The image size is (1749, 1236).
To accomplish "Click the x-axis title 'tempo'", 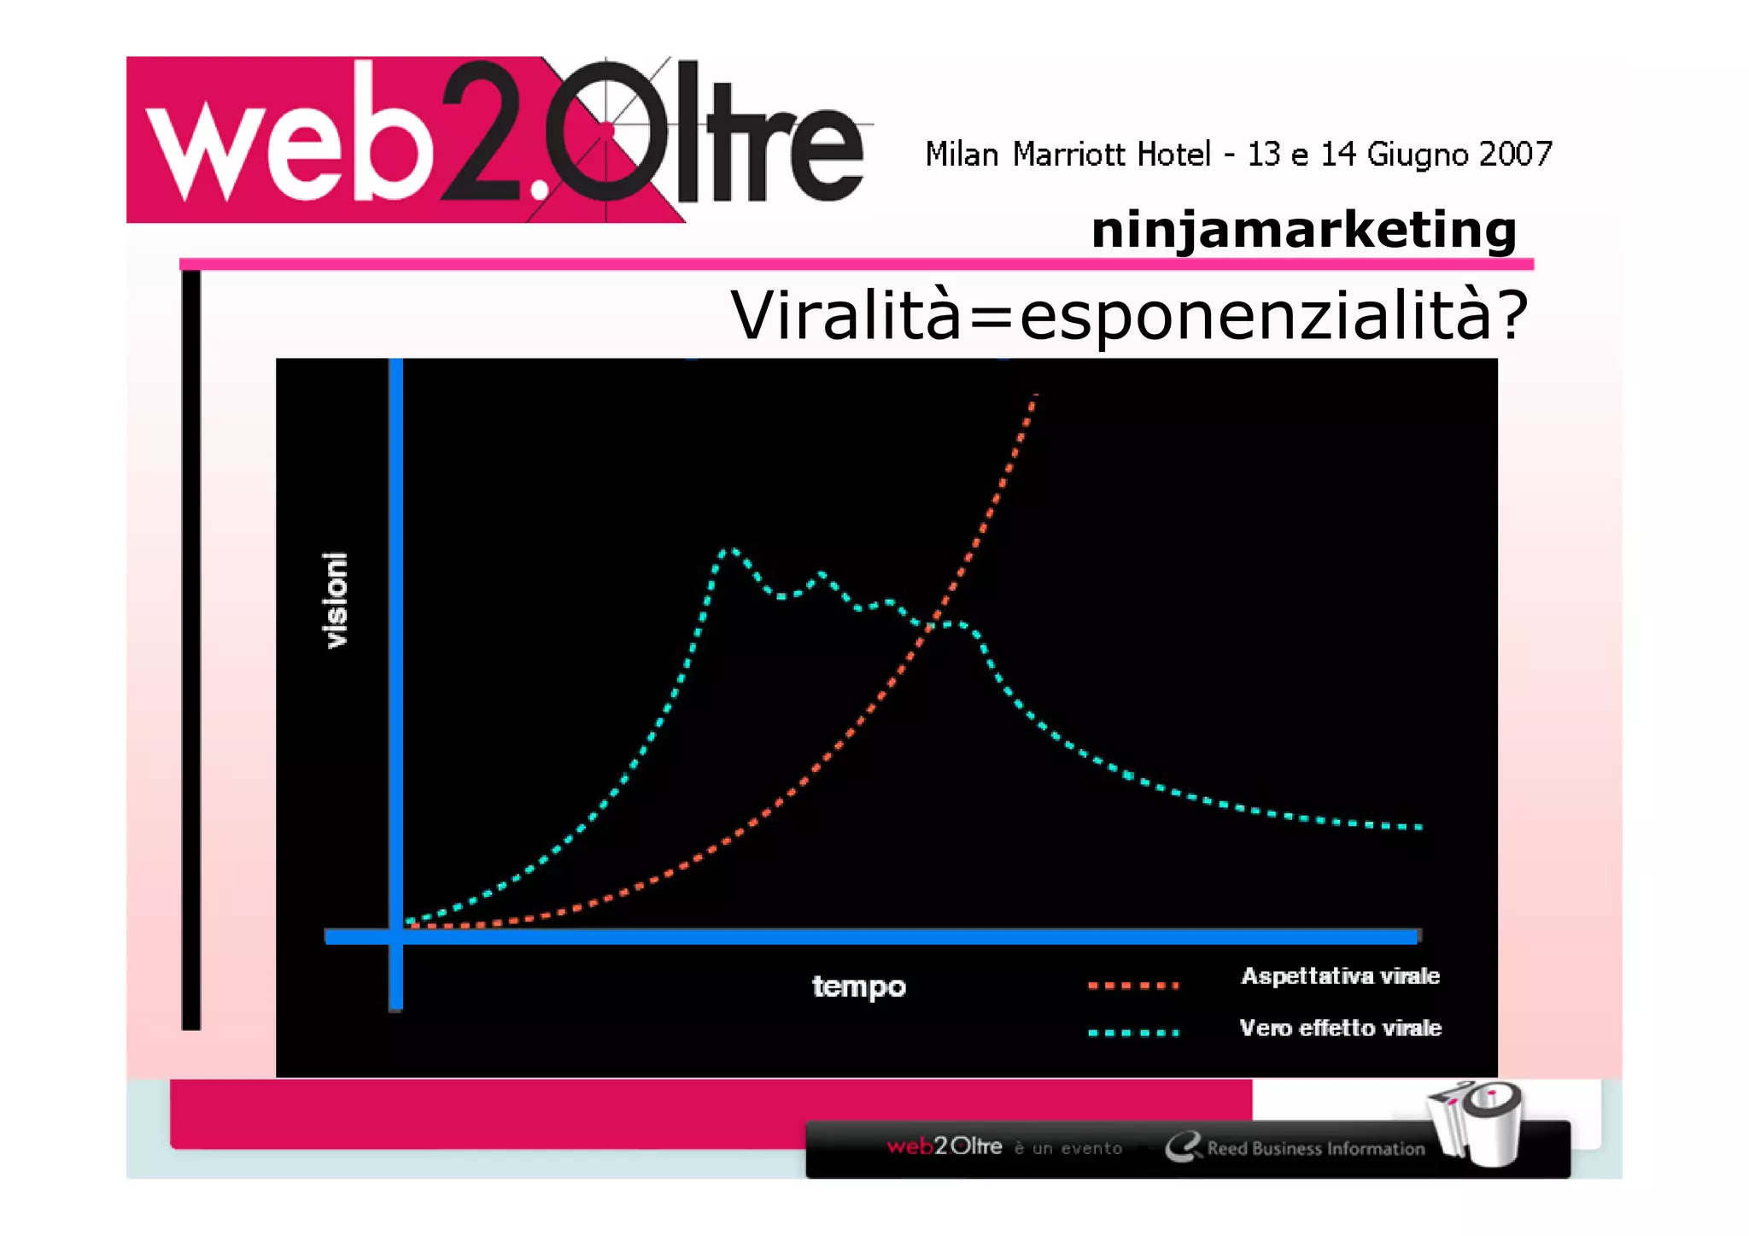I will point(858,987).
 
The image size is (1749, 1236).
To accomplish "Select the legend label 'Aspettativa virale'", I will point(1340,976).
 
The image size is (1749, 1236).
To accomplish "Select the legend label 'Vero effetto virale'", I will point(1340,1028).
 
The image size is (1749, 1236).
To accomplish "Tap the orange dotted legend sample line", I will point(1133,986).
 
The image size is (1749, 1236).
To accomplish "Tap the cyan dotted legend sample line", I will point(1133,1033).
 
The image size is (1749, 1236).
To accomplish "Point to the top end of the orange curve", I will point(1034,397).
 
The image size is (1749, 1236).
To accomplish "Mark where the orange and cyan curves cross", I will point(931,625).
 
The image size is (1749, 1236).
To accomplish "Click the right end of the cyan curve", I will point(1419,827).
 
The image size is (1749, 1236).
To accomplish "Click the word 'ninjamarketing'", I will point(1303,230).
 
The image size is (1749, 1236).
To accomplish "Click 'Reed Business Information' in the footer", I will point(1315,1149).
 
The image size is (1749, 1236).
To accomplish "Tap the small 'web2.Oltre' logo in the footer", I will point(944,1146).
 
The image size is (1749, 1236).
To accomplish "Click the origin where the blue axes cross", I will point(395,936).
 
